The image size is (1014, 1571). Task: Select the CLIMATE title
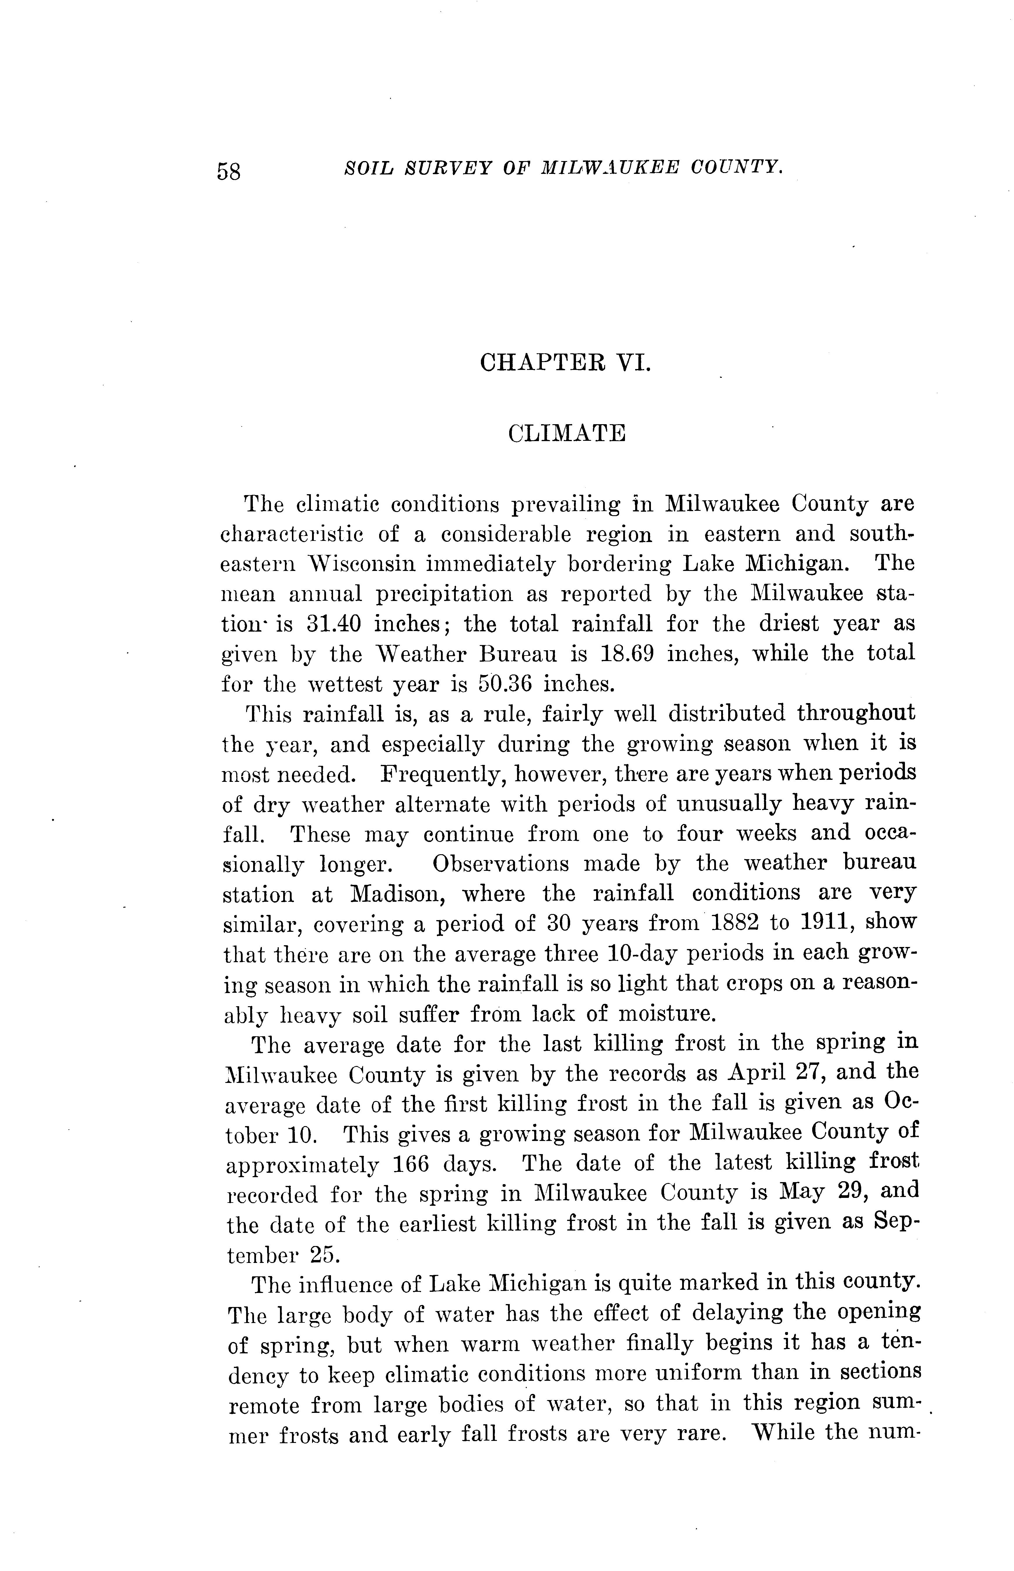(x=566, y=434)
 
